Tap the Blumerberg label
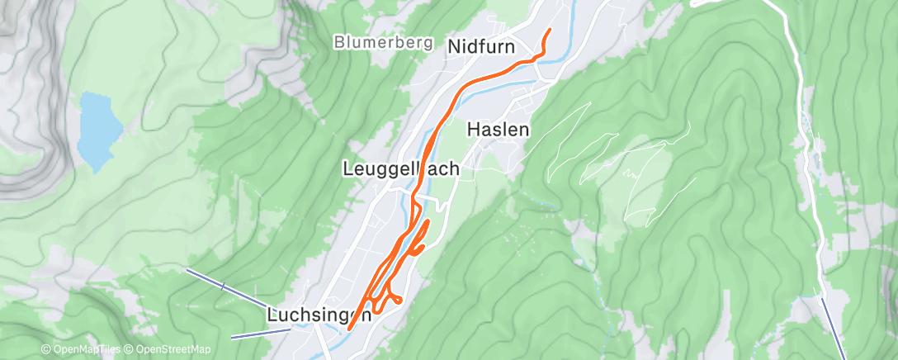pyautogui.click(x=384, y=42)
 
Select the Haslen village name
pyautogui.click(x=498, y=130)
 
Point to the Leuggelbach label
pyautogui.click(x=400, y=168)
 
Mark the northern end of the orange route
pyautogui.click(x=550, y=31)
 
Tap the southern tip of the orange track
pyautogui.click(x=349, y=328)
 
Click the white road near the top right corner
pyautogui.click(x=792, y=33)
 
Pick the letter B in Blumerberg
pyautogui.click(x=339, y=42)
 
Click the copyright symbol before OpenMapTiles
pyautogui.click(x=45, y=350)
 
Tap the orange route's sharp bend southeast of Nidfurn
pyautogui.click(x=541, y=55)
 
